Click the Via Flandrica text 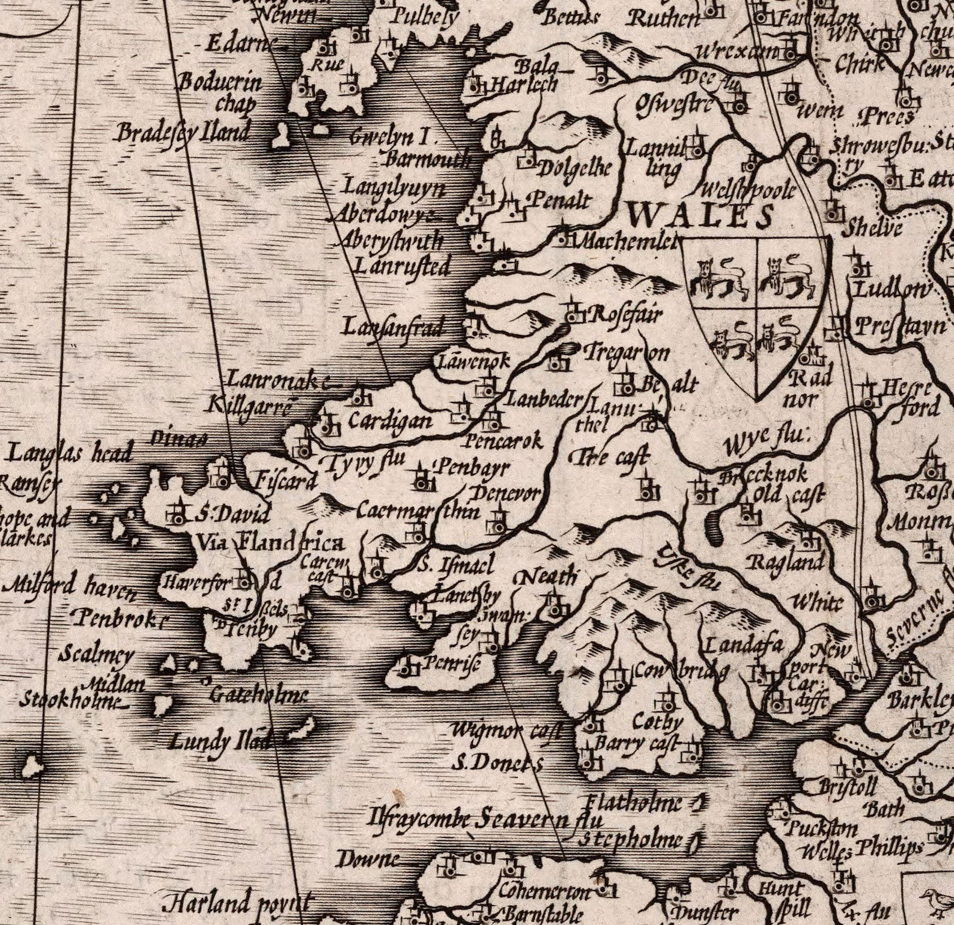pyautogui.click(x=270, y=544)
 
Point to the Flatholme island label pyautogui.click(x=634, y=802)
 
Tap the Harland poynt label pyautogui.click(x=237, y=903)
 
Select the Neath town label pyautogui.click(x=547, y=578)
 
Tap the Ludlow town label pyautogui.click(x=890, y=290)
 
